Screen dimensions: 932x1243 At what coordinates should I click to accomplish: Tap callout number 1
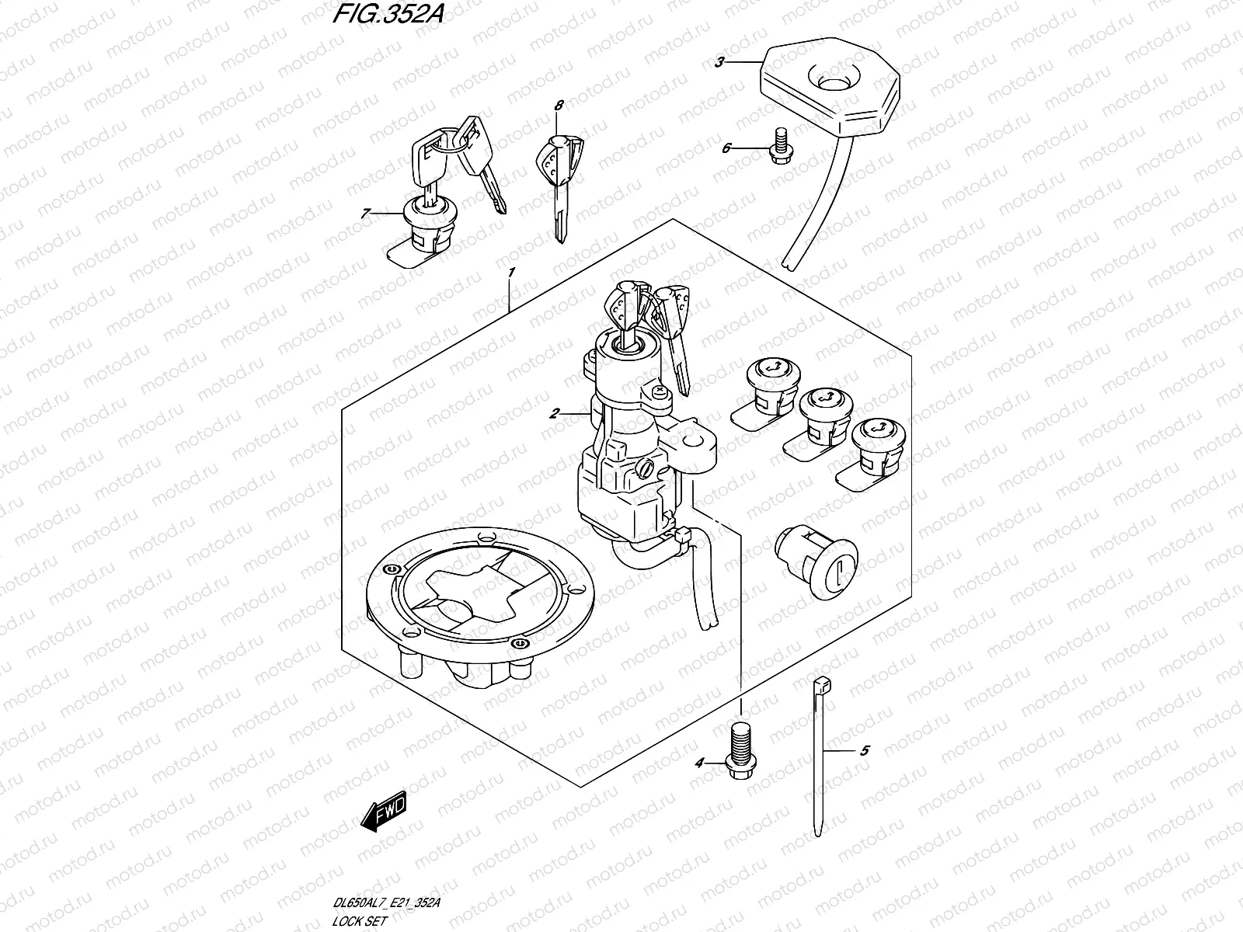tap(511, 273)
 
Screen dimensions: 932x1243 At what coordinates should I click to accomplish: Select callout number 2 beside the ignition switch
tap(554, 415)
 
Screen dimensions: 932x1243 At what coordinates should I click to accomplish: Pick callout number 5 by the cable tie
tap(865, 751)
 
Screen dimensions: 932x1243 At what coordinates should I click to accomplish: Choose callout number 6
tap(726, 148)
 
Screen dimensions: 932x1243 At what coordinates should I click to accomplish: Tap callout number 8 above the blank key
tap(559, 104)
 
